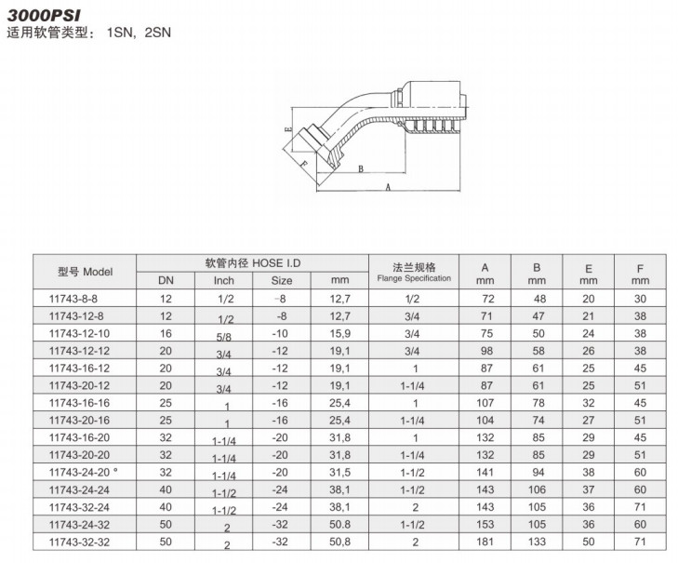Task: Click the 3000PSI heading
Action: point(44,15)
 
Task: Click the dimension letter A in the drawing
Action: point(388,187)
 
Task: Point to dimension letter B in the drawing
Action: point(361,168)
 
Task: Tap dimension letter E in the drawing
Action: point(289,129)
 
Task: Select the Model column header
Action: point(86,272)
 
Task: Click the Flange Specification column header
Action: point(414,273)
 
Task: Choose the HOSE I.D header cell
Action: point(253,263)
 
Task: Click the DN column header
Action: point(166,280)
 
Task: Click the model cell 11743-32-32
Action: point(79,542)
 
